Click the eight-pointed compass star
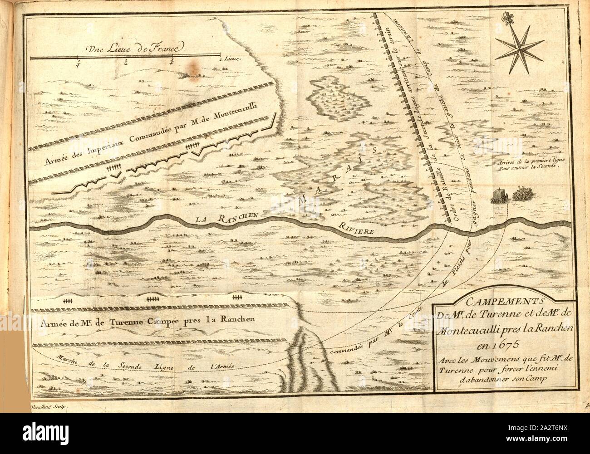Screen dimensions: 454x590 [518, 48]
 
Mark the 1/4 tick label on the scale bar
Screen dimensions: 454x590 [79, 63]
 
